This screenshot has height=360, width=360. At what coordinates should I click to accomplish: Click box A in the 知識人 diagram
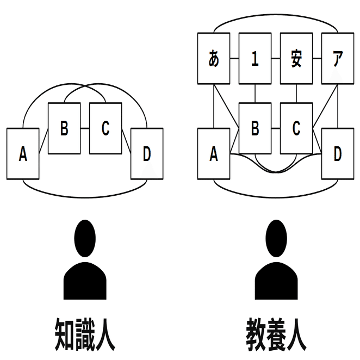tap(23, 153)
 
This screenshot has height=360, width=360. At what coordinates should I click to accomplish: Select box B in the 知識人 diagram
tap(64, 128)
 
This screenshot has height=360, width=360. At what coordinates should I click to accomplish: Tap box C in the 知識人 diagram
tap(105, 128)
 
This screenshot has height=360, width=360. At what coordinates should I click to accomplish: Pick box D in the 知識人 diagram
tap(147, 153)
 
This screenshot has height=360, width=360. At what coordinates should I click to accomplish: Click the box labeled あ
tap(214, 59)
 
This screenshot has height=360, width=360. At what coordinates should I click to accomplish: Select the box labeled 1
tap(255, 59)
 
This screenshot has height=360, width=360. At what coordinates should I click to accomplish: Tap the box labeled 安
tap(296, 59)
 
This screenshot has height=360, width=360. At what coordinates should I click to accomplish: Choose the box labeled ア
tap(338, 59)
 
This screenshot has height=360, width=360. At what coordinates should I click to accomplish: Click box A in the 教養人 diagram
tap(214, 154)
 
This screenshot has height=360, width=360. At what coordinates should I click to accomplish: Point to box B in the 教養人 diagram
tap(255, 128)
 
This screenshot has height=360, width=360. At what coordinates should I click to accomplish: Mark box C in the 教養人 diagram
tap(296, 128)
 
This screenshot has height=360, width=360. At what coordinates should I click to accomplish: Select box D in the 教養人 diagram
tap(338, 154)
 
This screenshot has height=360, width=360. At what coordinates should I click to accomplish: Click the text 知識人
tap(85, 333)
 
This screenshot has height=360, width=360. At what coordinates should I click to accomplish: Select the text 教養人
tap(276, 333)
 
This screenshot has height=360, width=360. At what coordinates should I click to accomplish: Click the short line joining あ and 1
tap(234, 59)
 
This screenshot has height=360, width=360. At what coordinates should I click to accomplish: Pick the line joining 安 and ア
tap(317, 59)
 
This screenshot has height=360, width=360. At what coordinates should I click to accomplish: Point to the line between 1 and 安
tap(276, 59)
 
